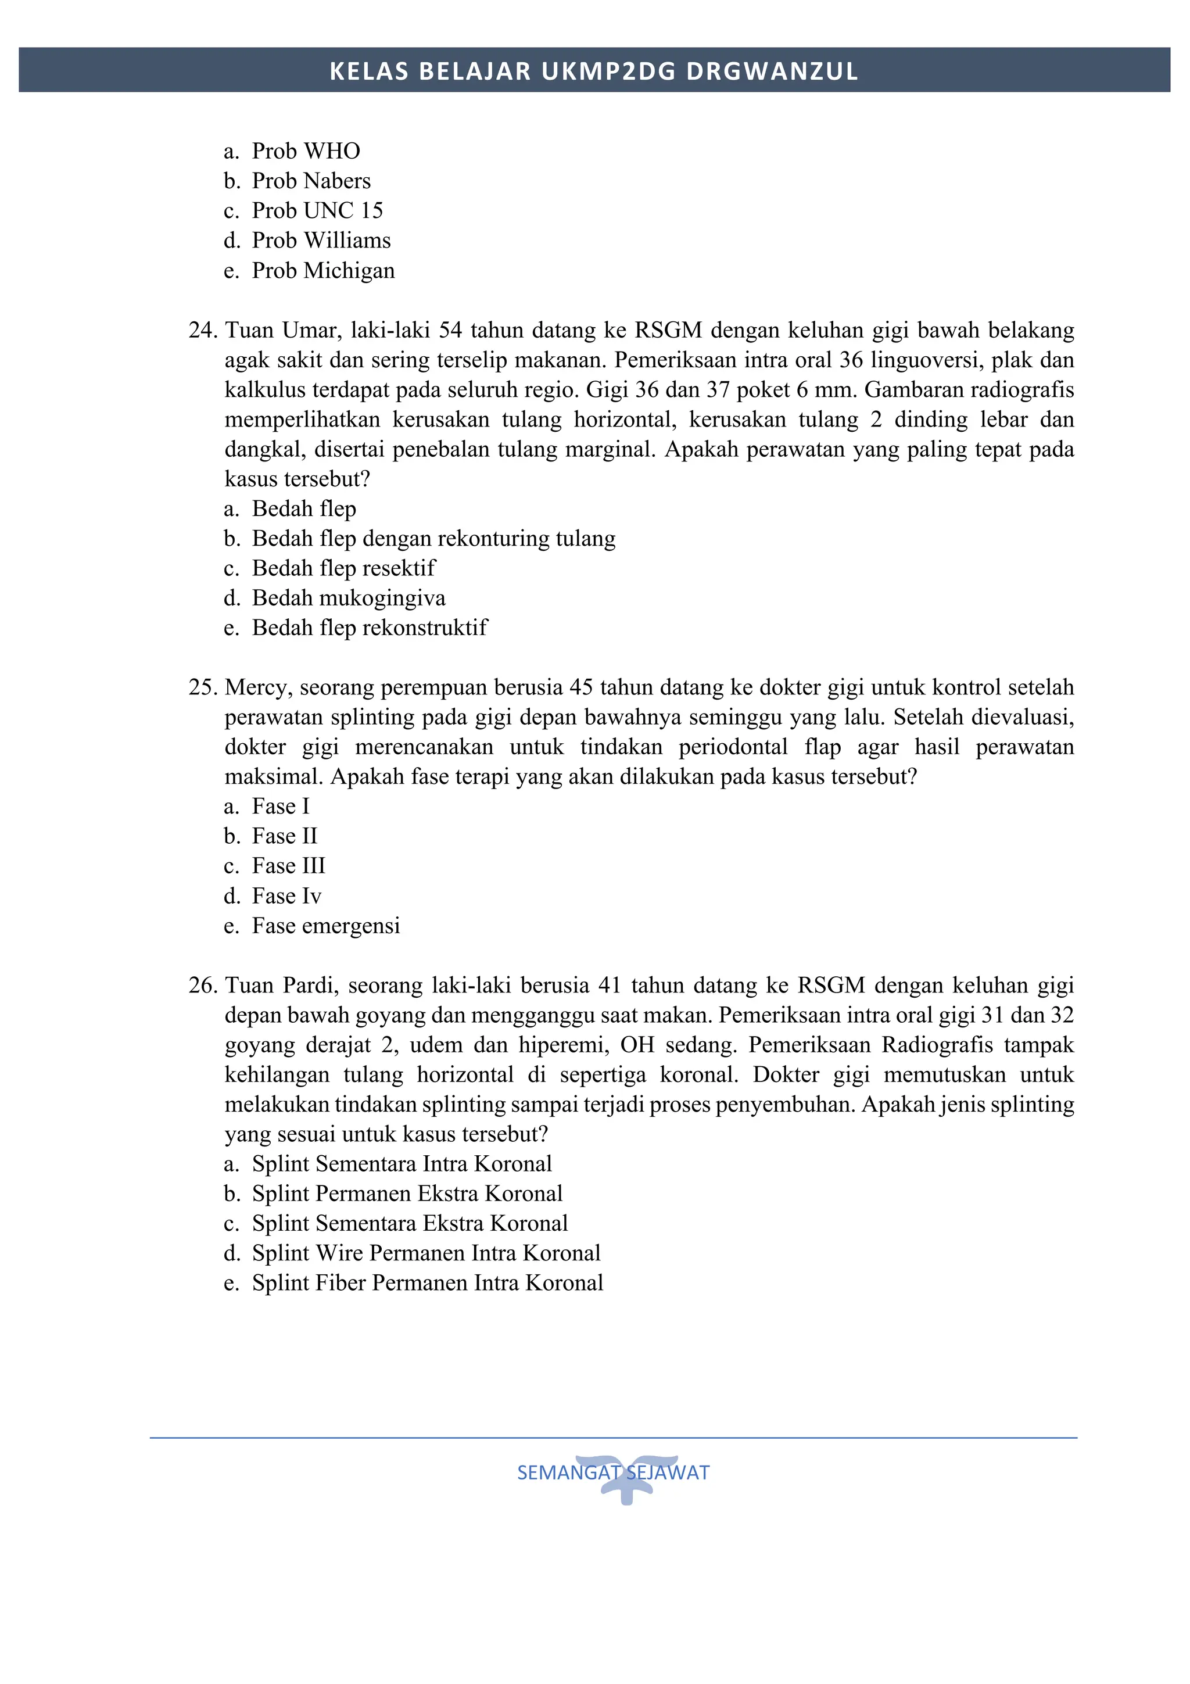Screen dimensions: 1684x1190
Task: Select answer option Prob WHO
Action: click(x=306, y=151)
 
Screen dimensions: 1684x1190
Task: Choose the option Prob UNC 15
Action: click(x=317, y=210)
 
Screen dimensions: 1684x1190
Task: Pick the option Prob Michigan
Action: click(x=322, y=271)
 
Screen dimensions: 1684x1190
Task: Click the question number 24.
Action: click(x=202, y=331)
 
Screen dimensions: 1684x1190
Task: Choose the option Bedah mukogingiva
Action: click(x=348, y=599)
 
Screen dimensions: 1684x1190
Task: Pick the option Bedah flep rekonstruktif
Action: click(x=370, y=628)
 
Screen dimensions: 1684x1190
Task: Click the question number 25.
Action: click(x=202, y=688)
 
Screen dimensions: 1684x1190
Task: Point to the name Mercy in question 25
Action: click(x=258, y=688)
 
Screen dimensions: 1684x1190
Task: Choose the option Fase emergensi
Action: click(x=325, y=926)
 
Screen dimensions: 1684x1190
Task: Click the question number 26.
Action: click(x=202, y=986)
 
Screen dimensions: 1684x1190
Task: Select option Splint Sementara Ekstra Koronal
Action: click(x=410, y=1223)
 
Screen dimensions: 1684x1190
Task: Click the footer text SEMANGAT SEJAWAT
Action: click(x=613, y=1472)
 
